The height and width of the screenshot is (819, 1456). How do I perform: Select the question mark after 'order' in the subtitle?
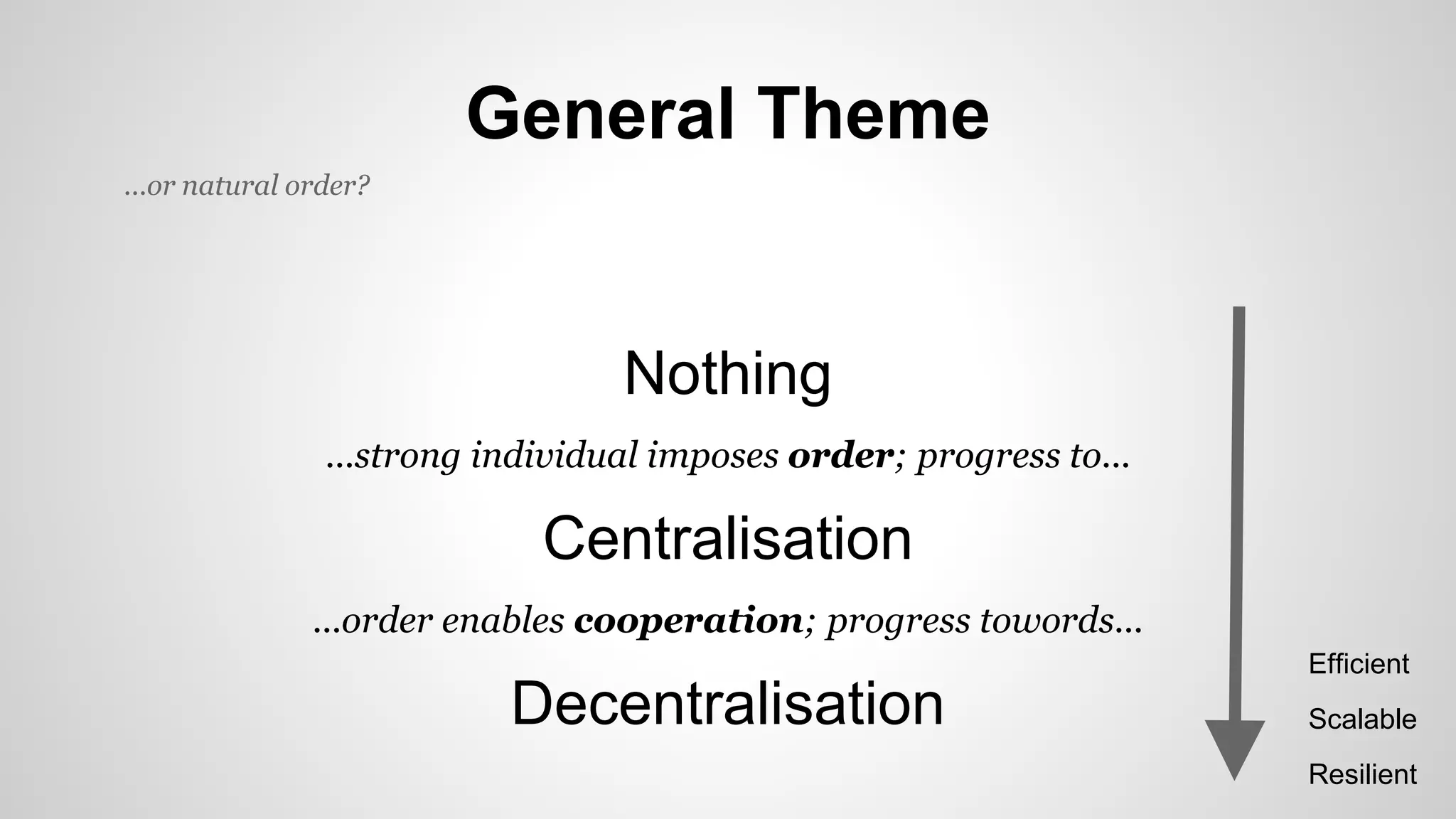363,186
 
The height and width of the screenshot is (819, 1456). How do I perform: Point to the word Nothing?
727,374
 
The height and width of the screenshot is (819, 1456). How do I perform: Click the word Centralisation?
727,539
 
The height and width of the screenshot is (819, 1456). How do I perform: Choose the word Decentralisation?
727,703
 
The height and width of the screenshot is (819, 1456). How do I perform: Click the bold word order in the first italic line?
840,456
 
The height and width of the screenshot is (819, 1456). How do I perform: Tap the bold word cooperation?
688,621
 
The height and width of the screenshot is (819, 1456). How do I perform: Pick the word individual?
555,456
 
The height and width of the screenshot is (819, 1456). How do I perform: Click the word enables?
503,620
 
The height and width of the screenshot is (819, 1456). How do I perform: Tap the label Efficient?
1359,664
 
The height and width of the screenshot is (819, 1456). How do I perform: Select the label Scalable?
1362,719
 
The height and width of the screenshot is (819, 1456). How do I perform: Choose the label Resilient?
1362,774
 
